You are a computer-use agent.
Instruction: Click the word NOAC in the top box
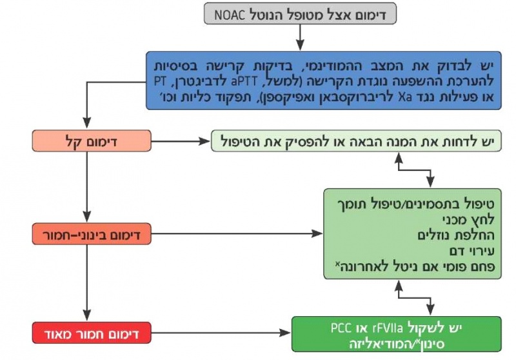point(232,14)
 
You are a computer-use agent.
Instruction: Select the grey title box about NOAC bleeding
point(299,14)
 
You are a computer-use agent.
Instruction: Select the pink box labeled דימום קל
point(91,140)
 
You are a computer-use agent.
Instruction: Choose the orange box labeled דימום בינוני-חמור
point(91,235)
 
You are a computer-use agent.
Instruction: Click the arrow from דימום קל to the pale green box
point(181,140)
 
